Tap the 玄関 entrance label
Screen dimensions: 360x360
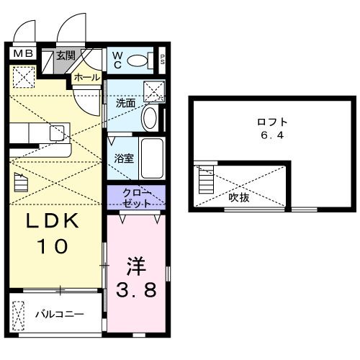(66, 55)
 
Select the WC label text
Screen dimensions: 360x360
(116, 59)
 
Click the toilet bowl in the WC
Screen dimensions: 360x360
(137, 60)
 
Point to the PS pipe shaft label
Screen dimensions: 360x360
(163, 60)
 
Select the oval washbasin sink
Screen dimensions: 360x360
(150, 117)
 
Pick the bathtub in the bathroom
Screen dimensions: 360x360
(151, 158)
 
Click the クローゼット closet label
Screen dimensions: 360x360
(136, 197)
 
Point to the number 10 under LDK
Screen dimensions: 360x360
(51, 246)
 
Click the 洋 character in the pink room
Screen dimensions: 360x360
(138, 266)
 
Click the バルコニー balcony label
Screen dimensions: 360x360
(60, 315)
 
